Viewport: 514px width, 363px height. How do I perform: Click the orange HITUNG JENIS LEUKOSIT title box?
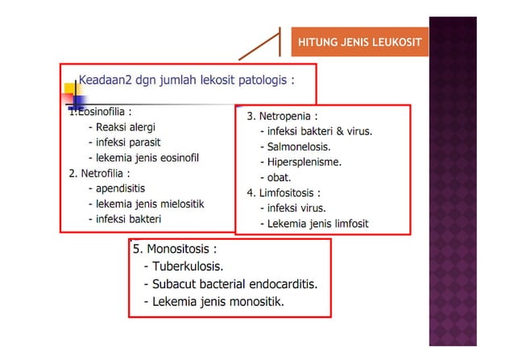359,42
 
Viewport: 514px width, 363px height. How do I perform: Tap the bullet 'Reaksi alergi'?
126,127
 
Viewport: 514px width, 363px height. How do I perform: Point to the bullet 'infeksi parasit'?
128,142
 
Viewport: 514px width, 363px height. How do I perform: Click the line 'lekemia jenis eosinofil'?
147,157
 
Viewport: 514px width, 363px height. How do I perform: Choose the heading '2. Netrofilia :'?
100,172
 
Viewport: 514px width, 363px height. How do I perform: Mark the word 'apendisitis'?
124,188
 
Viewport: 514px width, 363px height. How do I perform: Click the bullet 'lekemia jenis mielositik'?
150,203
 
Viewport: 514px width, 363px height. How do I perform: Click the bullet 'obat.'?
279,177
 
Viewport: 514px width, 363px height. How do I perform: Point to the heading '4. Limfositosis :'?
284,192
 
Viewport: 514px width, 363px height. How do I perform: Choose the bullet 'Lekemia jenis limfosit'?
317,223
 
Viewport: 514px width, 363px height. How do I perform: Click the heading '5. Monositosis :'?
175,250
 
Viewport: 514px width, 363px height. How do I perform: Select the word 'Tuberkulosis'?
188,266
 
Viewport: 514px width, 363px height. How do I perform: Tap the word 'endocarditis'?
281,284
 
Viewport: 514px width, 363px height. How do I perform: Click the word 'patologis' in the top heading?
261,80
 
